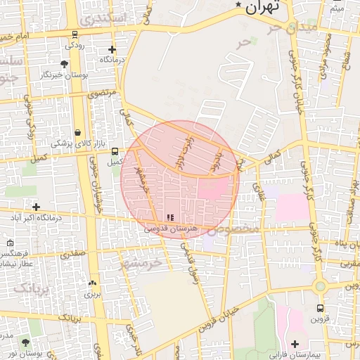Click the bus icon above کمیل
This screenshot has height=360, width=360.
point(114,150)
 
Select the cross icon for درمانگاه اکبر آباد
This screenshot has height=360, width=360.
point(36,207)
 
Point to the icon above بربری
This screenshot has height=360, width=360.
point(92,283)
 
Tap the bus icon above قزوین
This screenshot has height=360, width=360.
point(321,308)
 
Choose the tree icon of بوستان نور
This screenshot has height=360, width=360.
point(25,342)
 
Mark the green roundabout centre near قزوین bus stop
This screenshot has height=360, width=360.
point(321,286)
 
